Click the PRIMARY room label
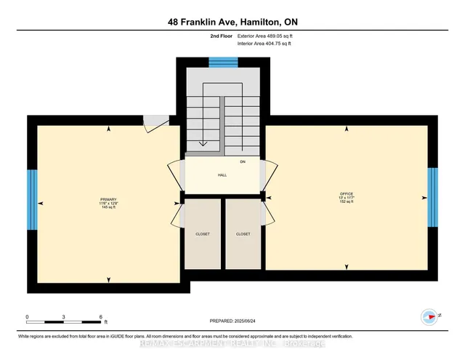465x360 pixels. coord(108,199)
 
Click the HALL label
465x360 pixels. coord(222,175)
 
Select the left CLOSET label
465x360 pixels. coord(202,234)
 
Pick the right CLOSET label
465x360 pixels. coord(243,234)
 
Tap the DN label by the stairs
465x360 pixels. coord(243,161)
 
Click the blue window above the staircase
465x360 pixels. coord(218,63)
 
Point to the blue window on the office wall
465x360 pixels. coord(432,199)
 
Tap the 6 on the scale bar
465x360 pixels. coord(101,317)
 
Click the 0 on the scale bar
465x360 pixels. coord(27,317)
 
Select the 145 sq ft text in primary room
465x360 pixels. coord(108,207)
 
